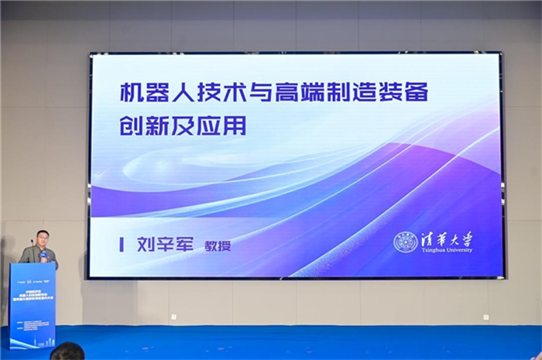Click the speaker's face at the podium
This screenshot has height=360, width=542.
(42, 237)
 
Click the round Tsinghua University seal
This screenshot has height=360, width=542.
(405, 242)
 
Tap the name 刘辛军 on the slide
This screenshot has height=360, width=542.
(163, 245)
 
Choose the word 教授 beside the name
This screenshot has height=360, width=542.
(218, 246)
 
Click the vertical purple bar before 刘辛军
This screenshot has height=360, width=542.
(122, 245)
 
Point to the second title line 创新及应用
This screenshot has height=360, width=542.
(183, 127)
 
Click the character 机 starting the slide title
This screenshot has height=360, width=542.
(132, 94)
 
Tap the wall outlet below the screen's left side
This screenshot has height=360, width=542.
(173, 316)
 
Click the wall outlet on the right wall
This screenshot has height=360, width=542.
(485, 316)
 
